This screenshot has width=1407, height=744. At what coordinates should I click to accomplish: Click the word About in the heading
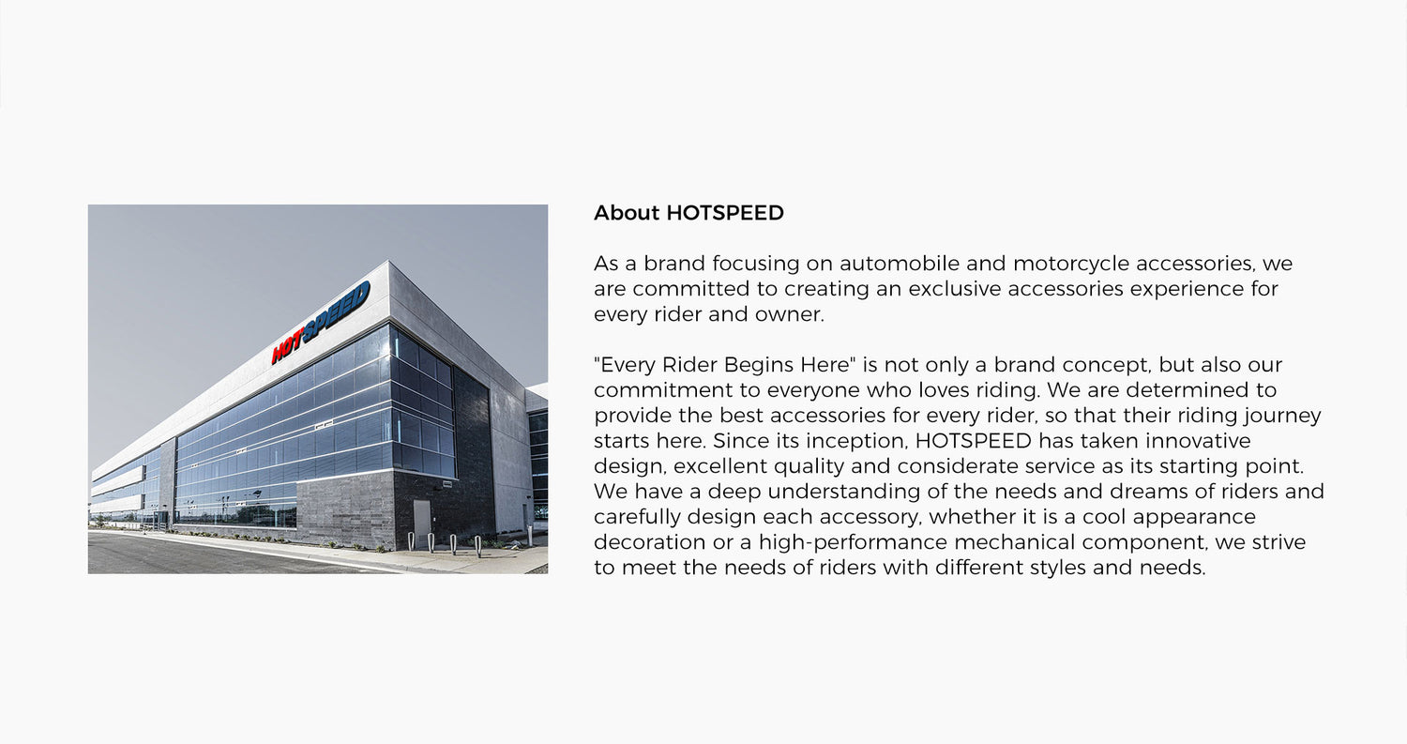click(627, 213)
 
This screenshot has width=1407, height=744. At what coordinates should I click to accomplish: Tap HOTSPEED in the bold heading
click(725, 213)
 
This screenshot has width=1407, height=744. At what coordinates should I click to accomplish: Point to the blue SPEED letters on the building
click(336, 311)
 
